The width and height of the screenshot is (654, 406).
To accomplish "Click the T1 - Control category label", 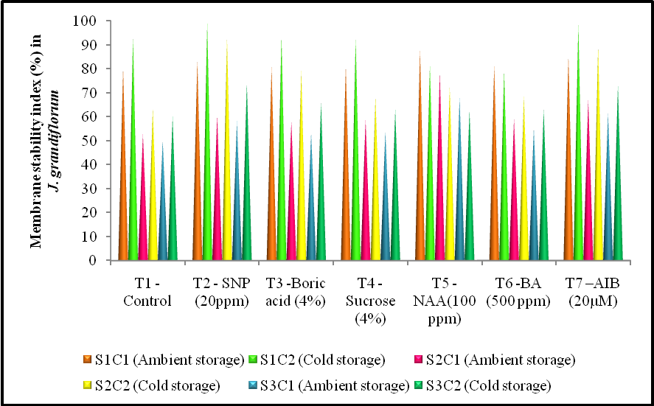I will (147, 293).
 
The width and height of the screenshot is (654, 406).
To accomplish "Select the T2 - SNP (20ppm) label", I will (222, 293).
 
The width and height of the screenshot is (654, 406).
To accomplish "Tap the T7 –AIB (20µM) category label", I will (592, 293).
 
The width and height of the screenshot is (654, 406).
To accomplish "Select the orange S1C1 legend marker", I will (88, 360).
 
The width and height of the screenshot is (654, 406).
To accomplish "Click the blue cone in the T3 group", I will (310, 206).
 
